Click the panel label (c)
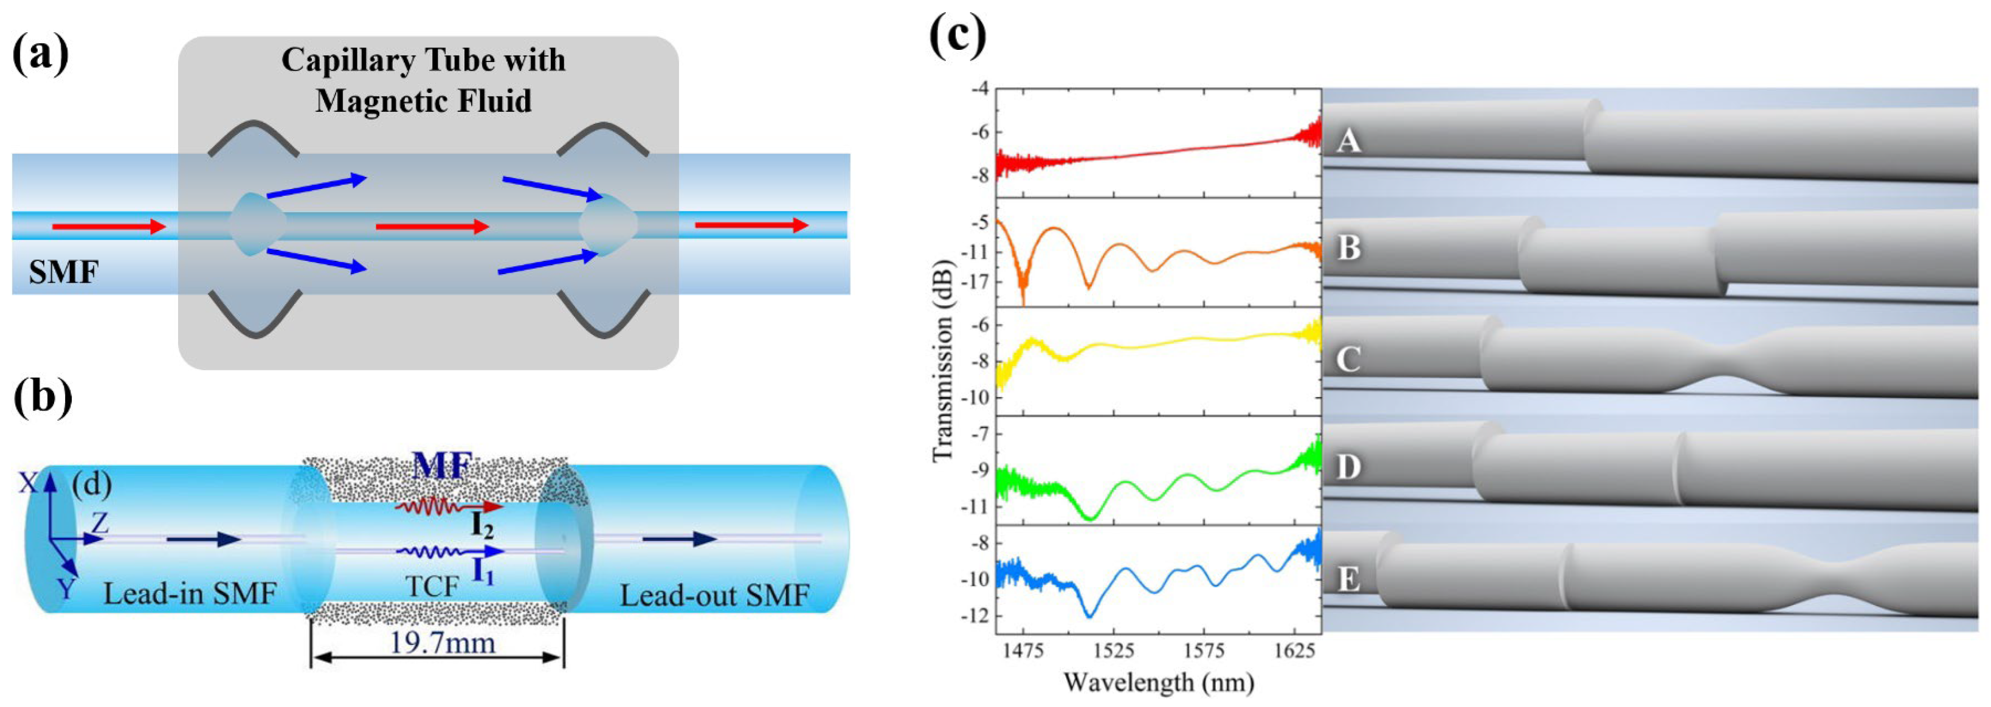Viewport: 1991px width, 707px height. click(x=958, y=35)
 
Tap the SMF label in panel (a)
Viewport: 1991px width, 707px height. click(x=63, y=272)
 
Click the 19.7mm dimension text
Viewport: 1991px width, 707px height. click(x=441, y=642)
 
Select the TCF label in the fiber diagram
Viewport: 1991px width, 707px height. click(x=432, y=587)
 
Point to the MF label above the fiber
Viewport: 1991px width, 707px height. click(x=441, y=466)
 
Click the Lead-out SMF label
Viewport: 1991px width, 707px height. click(x=714, y=595)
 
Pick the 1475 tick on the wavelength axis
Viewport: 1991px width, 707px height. click(x=1023, y=650)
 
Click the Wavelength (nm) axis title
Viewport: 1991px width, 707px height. click(x=1158, y=682)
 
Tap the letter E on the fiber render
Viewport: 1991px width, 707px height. click(x=1349, y=578)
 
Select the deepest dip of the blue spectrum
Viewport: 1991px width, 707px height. click(x=1090, y=616)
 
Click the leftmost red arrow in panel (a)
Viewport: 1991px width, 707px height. click(x=109, y=226)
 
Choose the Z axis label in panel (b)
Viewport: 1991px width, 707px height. click(x=100, y=523)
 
